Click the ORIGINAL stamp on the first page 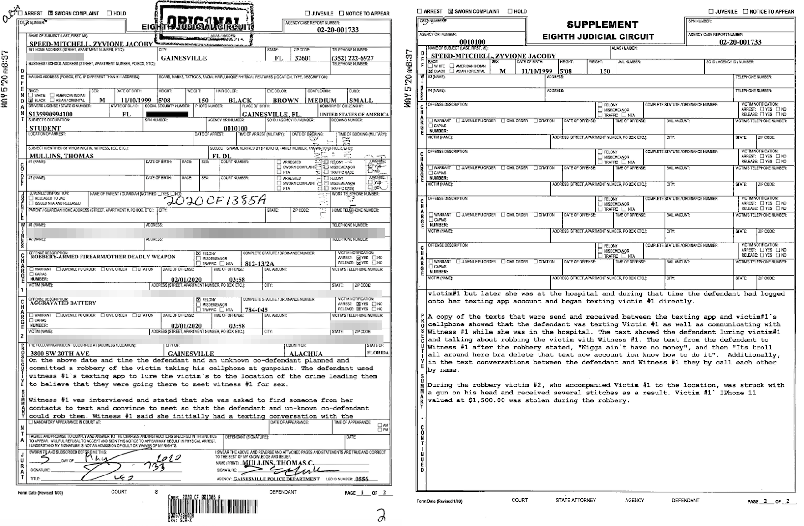[204, 21]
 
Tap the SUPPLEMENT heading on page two [602, 25]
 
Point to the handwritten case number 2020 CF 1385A [214, 200]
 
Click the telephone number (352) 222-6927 [353, 58]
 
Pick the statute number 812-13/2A [260, 263]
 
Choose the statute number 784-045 [256, 309]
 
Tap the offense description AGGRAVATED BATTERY [63, 303]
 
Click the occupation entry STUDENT [45, 128]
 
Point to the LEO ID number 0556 [361, 479]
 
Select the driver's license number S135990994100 [50, 114]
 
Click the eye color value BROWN [285, 101]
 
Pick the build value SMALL [361, 101]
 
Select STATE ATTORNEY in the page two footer [575, 500]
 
